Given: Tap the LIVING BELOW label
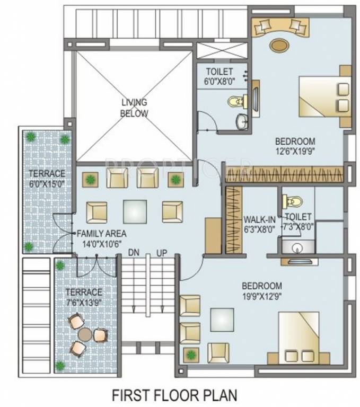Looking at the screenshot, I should (x=134, y=108).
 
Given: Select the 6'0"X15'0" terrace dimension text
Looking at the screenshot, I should (x=47, y=183).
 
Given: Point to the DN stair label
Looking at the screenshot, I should (x=134, y=253).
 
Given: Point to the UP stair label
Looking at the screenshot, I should (x=162, y=253).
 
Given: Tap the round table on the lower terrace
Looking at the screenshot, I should (x=85, y=334).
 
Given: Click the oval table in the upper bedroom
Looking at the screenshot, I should (x=278, y=45).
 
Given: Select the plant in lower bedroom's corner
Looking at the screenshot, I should (x=189, y=353).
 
